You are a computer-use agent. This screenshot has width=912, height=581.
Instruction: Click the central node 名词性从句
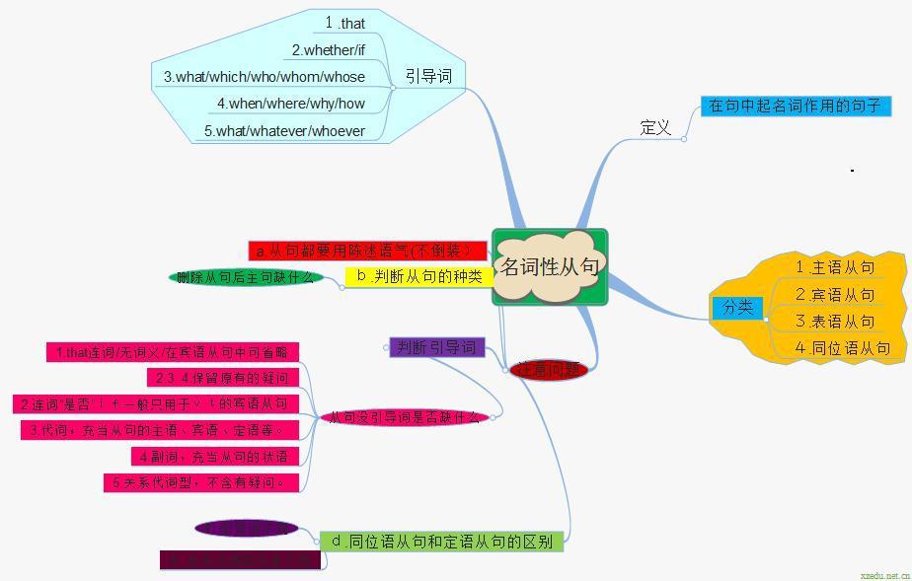(550, 266)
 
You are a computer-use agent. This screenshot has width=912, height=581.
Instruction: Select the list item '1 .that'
(345, 23)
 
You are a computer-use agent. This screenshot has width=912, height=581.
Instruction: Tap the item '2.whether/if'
(328, 50)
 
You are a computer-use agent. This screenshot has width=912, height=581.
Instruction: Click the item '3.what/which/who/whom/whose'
(265, 77)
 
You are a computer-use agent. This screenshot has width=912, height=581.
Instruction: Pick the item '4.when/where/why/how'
(291, 104)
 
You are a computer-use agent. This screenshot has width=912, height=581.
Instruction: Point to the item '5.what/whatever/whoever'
(284, 131)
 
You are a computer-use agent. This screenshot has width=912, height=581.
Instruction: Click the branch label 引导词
(428, 76)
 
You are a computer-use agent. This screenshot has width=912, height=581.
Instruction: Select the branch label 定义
(655, 127)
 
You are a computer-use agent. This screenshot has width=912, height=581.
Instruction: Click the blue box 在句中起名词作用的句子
(796, 106)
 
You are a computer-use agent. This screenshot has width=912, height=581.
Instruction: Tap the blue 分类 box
(737, 307)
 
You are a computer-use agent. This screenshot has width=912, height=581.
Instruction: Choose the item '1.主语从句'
(835, 267)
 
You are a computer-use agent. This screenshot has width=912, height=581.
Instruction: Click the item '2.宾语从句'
(835, 295)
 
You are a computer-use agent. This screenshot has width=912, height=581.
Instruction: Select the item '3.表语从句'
(835, 322)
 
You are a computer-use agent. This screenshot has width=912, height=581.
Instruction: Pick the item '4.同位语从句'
(843, 347)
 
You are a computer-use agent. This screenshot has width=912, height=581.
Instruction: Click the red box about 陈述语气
(367, 252)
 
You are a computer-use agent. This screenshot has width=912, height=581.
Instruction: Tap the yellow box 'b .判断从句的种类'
(419, 276)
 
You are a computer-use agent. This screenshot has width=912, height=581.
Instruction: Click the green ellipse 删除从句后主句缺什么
(246, 277)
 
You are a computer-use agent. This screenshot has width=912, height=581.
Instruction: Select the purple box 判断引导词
(436, 347)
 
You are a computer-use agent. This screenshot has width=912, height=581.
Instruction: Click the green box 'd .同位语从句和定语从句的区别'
(441, 541)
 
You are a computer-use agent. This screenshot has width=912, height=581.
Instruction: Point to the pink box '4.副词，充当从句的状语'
(214, 457)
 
